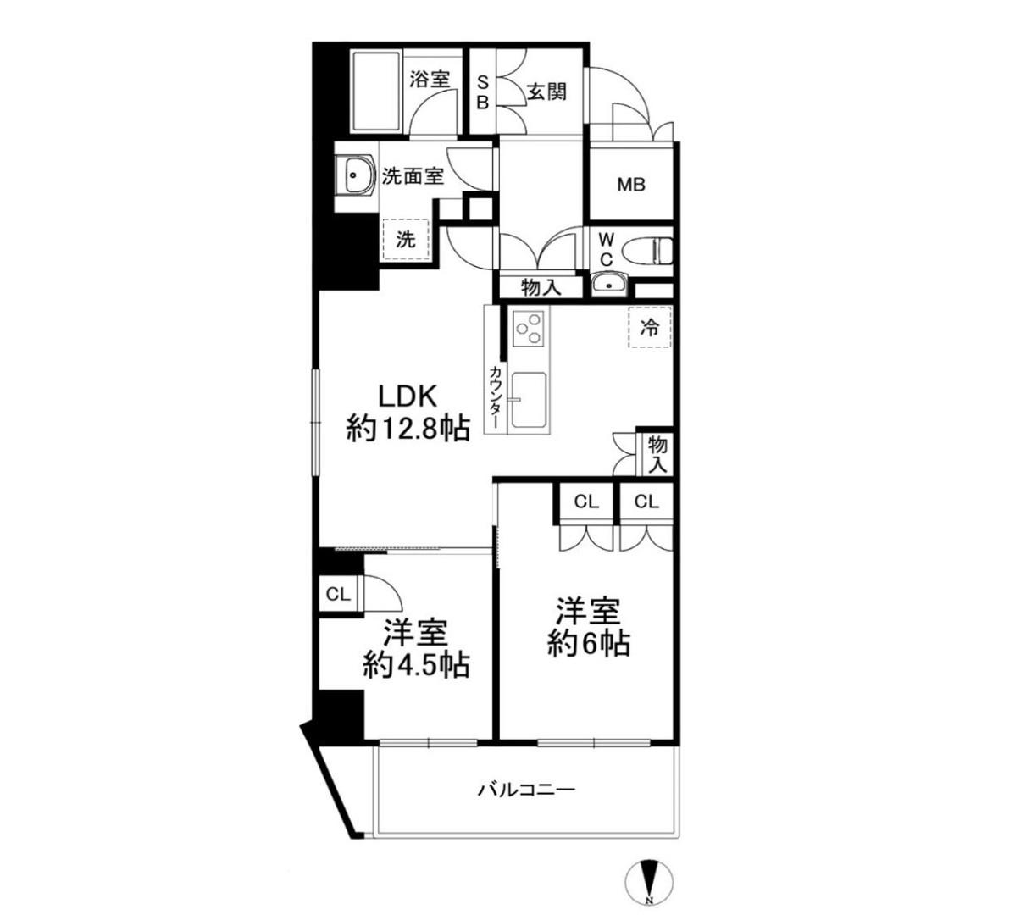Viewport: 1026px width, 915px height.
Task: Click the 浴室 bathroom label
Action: pyautogui.click(x=430, y=80)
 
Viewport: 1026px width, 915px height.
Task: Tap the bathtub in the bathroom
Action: pyautogui.click(x=377, y=91)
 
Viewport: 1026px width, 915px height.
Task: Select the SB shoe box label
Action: pyautogui.click(x=483, y=91)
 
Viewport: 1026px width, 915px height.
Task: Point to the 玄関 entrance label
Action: pyautogui.click(x=546, y=91)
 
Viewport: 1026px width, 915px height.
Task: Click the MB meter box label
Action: pyautogui.click(x=631, y=185)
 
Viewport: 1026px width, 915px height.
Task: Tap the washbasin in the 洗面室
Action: pyautogui.click(x=354, y=175)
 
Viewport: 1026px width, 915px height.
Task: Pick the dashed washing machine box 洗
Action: pyautogui.click(x=406, y=240)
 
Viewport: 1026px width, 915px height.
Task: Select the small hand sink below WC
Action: pyautogui.click(x=609, y=285)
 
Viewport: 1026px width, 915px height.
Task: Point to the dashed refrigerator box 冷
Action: pyautogui.click(x=650, y=327)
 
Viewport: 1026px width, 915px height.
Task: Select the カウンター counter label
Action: pyautogui.click(x=495, y=398)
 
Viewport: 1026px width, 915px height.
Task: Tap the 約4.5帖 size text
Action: pyautogui.click(x=416, y=666)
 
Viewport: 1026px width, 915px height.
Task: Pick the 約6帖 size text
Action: pyautogui.click(x=589, y=644)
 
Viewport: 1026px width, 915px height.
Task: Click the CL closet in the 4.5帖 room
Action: pyautogui.click(x=338, y=594)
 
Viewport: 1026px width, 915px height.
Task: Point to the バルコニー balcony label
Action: pyautogui.click(x=527, y=790)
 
